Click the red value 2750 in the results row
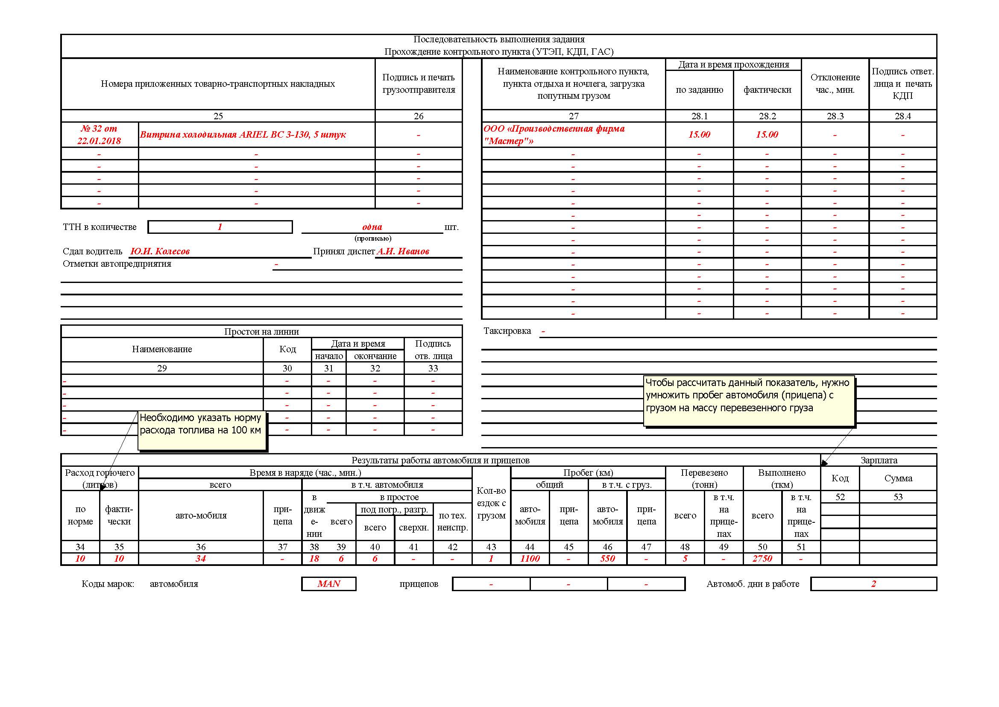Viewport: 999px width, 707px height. pyautogui.click(x=762, y=559)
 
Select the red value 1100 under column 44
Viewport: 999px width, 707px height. pyautogui.click(x=530, y=559)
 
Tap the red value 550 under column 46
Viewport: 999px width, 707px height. pyautogui.click(x=607, y=559)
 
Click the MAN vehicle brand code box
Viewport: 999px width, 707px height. pyautogui.click(x=328, y=584)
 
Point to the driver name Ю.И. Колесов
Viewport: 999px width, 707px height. pyautogui.click(x=160, y=251)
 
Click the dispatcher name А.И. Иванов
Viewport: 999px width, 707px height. pyautogui.click(x=403, y=251)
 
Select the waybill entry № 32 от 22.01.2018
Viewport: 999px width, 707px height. pyautogui.click(x=99, y=135)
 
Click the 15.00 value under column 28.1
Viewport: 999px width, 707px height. pyautogui.click(x=699, y=135)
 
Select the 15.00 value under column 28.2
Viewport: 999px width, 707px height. pyautogui.click(x=767, y=135)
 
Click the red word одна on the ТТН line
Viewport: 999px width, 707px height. pyautogui.click(x=372, y=227)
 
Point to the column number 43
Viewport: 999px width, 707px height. pyautogui.click(x=491, y=547)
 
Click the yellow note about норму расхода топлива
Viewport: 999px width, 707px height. pyautogui.click(x=202, y=430)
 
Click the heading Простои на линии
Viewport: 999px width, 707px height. pyautogui.click(x=261, y=331)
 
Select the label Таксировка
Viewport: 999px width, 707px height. pyautogui.click(x=507, y=331)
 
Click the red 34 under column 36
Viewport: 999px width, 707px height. pyautogui.click(x=201, y=559)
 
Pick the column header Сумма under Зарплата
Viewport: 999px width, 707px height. pyautogui.click(x=898, y=478)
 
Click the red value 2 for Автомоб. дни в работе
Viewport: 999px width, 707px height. pyautogui.click(x=873, y=584)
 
